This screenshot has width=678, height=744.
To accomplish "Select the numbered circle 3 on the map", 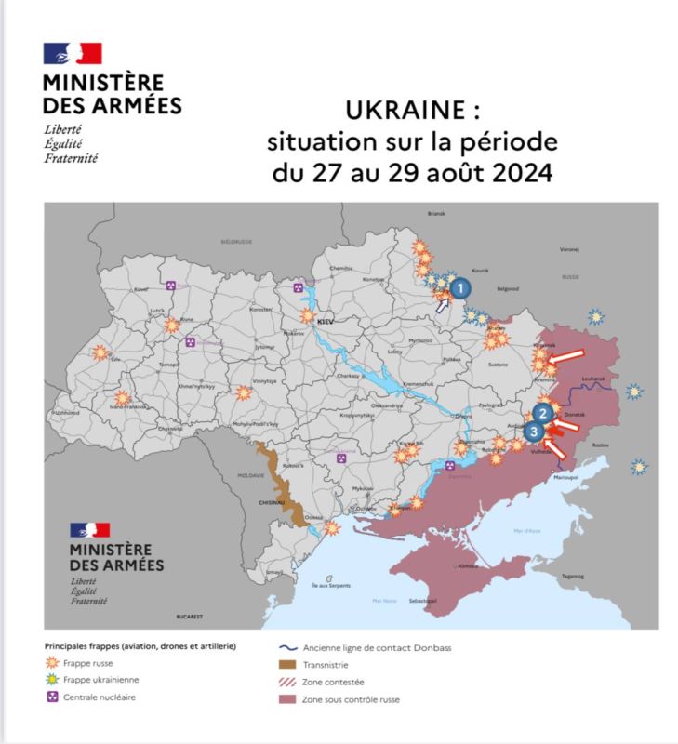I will (x=533, y=431).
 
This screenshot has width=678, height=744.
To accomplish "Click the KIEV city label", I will (x=326, y=321).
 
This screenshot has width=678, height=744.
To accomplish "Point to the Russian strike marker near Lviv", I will (x=100, y=352).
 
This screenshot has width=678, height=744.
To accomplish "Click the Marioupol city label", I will (x=566, y=477).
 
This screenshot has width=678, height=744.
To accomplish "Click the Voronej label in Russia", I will (x=569, y=249).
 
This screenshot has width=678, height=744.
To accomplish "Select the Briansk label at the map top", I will (x=436, y=213).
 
